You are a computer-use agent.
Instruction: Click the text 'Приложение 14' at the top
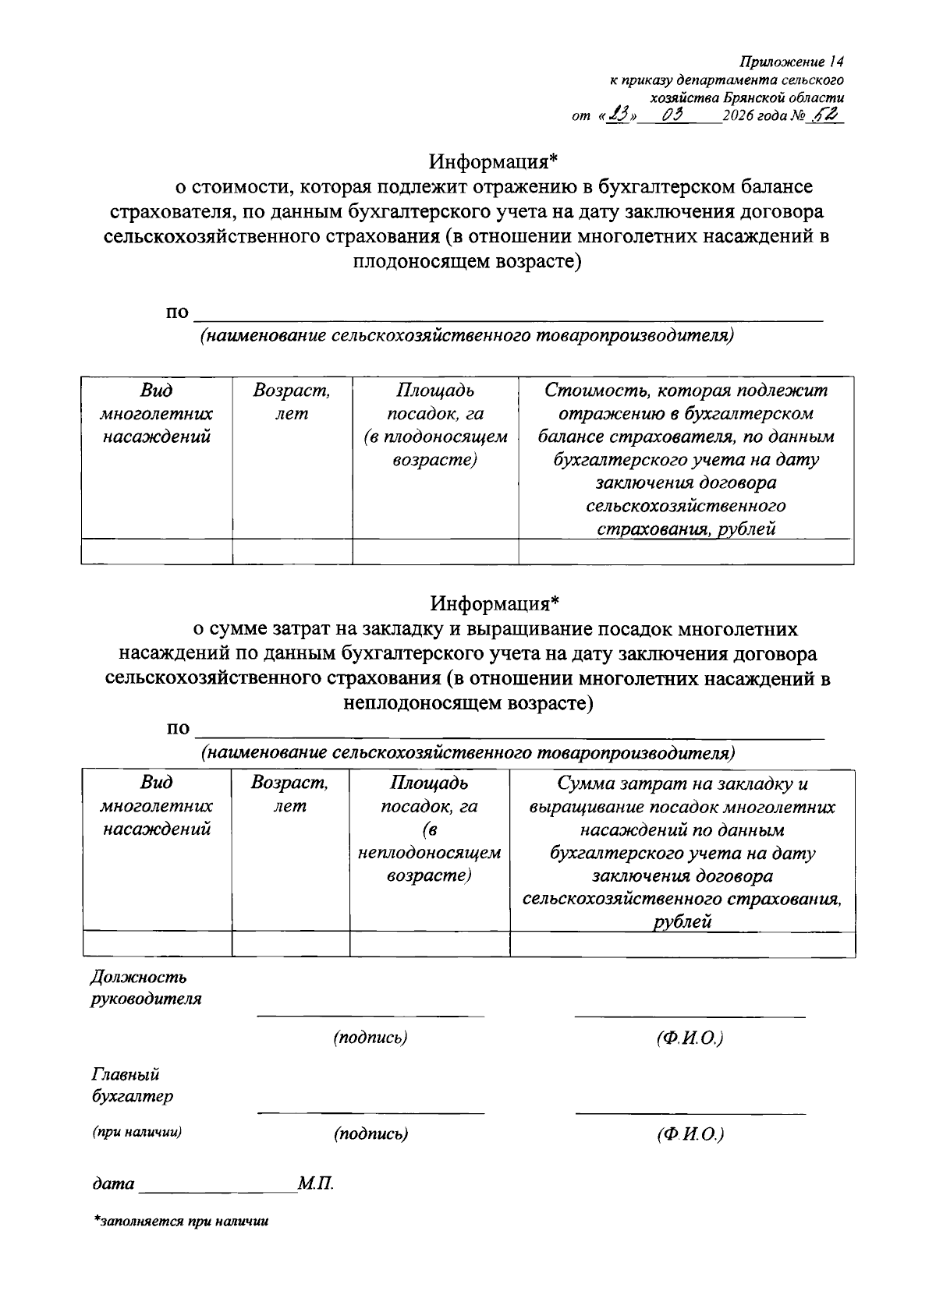(792, 61)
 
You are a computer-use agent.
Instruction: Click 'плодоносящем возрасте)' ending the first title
(467, 261)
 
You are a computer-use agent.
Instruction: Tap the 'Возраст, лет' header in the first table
(292, 401)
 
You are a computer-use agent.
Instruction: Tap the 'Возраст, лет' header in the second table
(289, 794)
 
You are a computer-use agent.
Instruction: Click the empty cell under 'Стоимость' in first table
(686, 551)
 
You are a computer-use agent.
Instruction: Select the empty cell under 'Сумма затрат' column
(682, 943)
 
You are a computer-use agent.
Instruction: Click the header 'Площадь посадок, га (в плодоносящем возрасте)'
(435, 425)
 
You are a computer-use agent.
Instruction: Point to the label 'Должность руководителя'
(146, 988)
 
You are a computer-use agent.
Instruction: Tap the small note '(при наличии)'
(137, 1133)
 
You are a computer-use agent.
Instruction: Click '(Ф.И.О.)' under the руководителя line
(690, 1038)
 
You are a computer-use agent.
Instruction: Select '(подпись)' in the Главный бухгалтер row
(371, 1134)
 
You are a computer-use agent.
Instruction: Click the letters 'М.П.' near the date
(316, 1184)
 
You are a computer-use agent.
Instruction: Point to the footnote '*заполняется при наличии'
(181, 1222)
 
